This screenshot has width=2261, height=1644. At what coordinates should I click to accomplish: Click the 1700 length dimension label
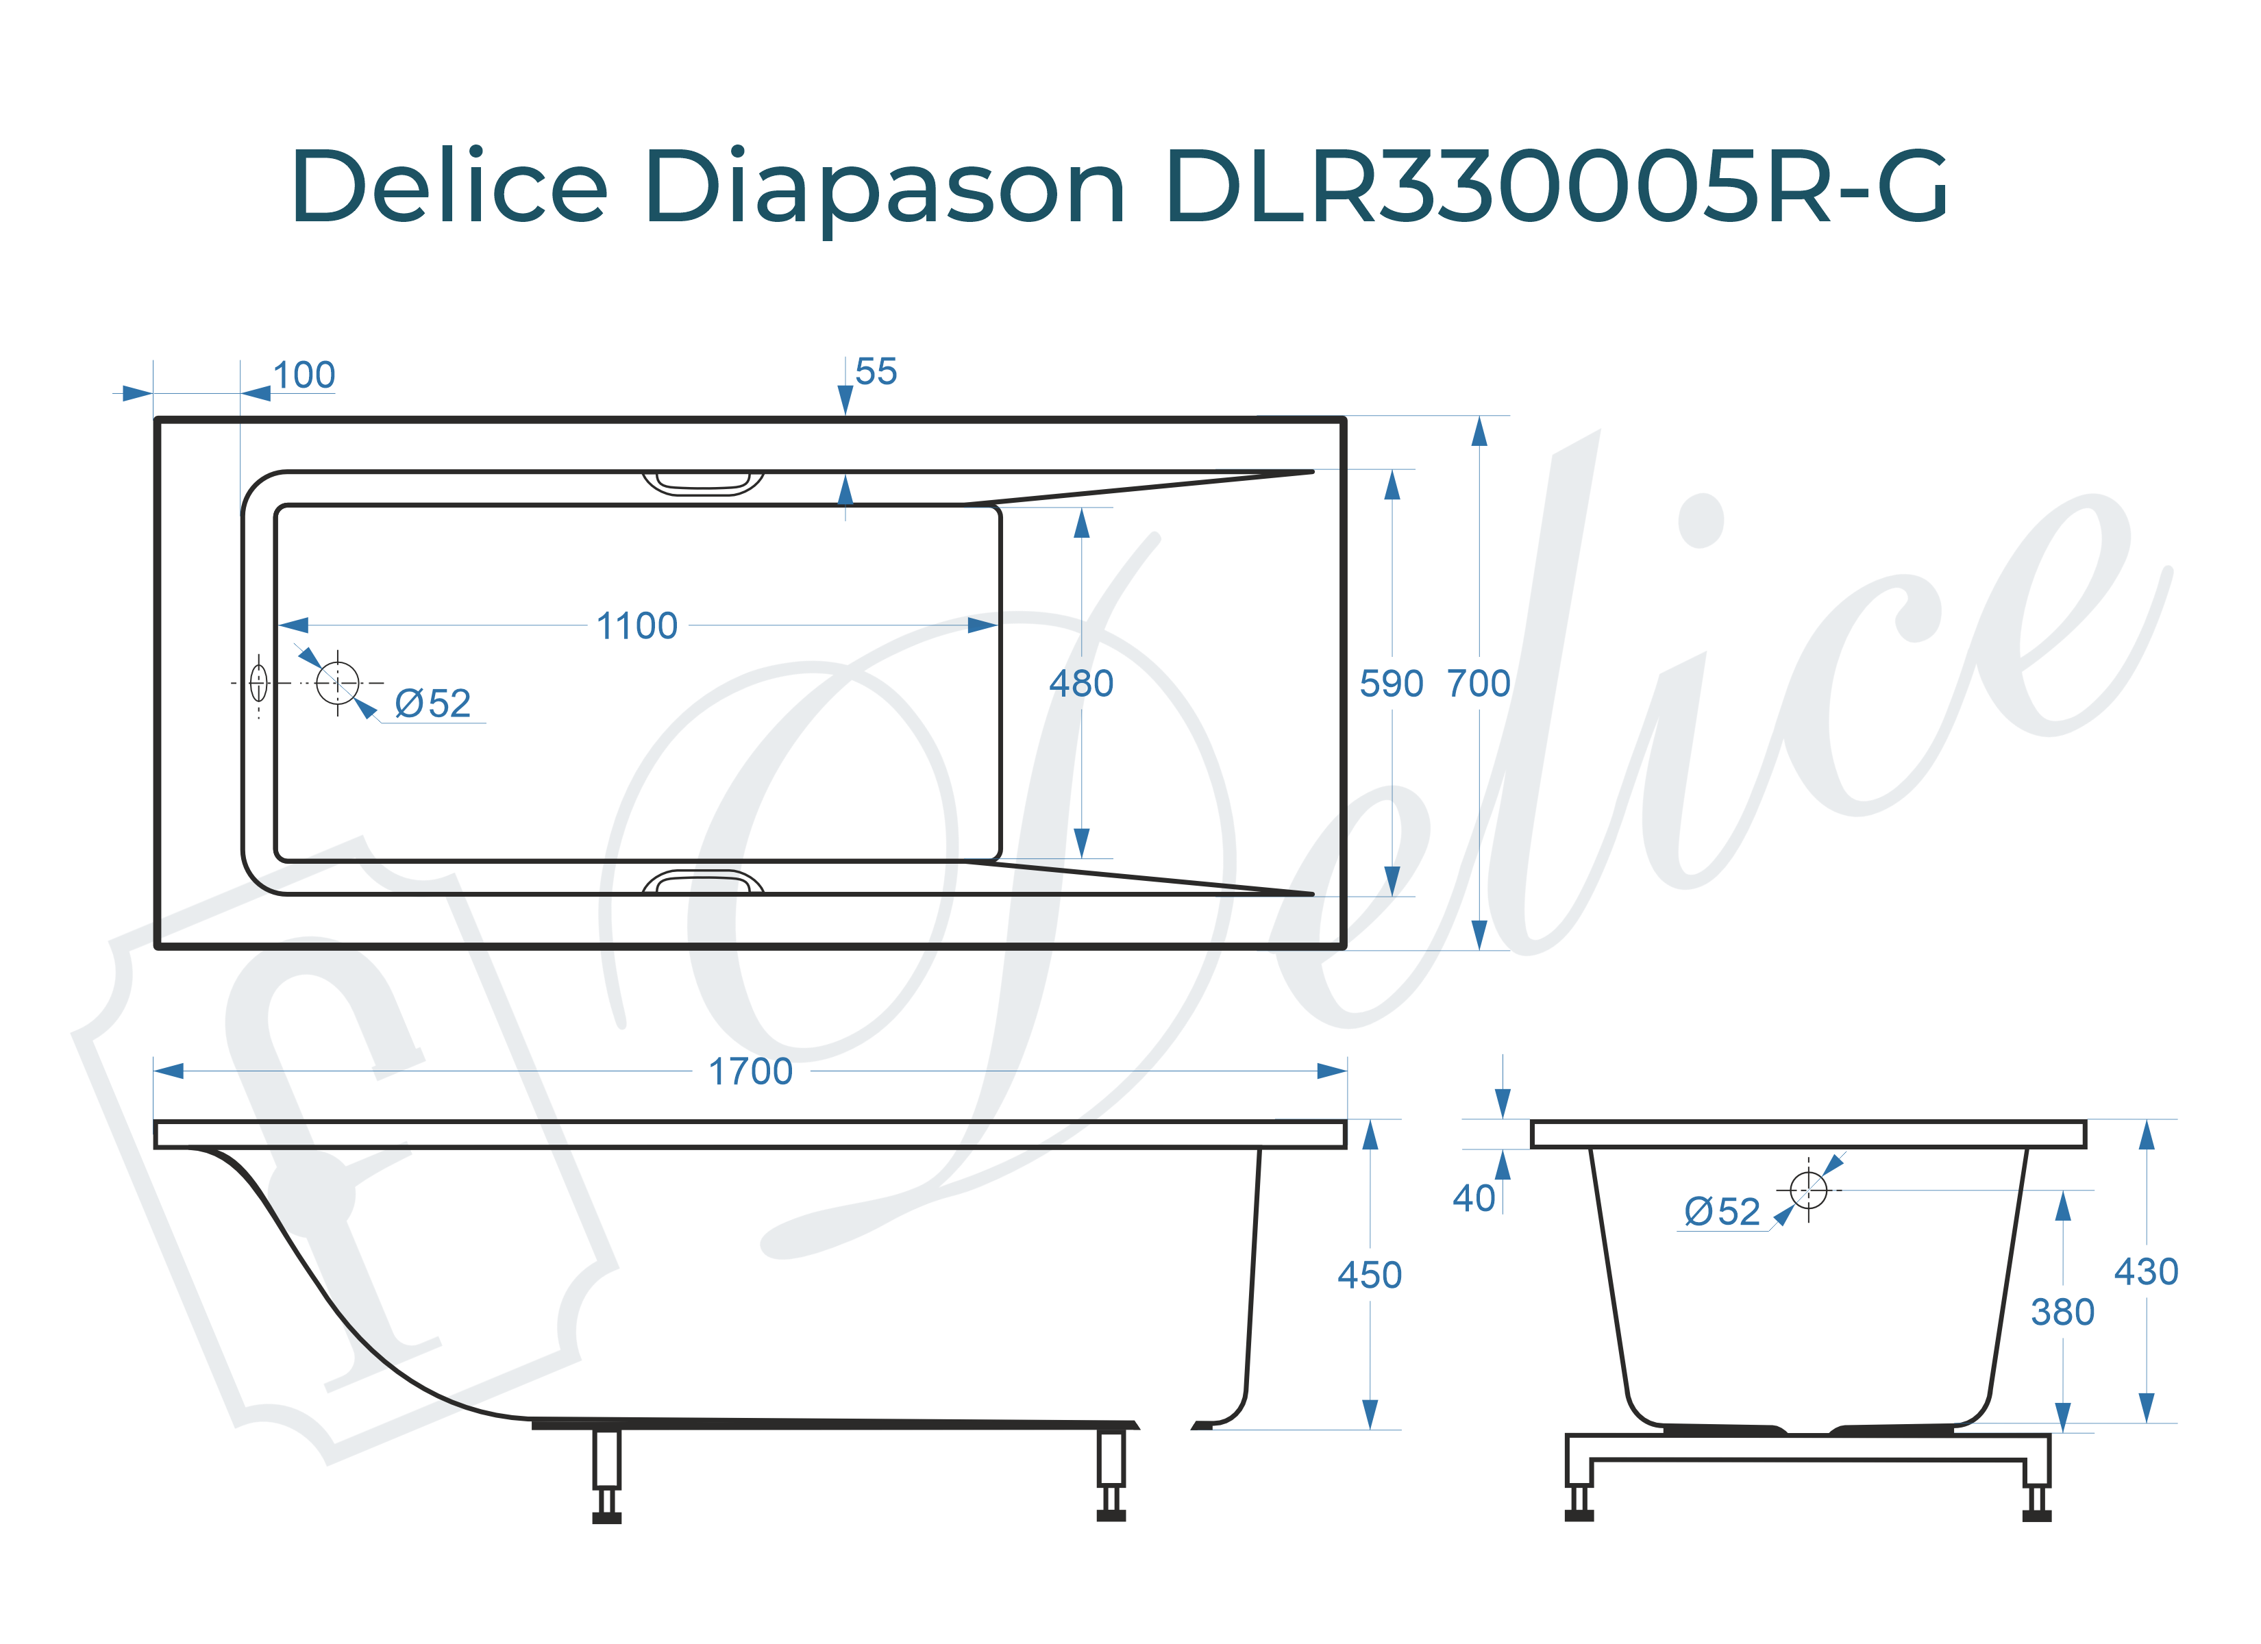pyautogui.click(x=750, y=1072)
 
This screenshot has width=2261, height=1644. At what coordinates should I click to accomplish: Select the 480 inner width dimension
pyautogui.click(x=1080, y=684)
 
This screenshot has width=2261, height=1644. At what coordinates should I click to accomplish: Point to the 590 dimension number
pyautogui.click(x=1391, y=684)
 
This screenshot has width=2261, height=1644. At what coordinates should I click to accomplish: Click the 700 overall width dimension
pyautogui.click(x=1479, y=684)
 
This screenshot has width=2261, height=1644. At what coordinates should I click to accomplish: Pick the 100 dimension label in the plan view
pyautogui.click(x=304, y=376)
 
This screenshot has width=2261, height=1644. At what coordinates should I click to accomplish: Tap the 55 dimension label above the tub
pyautogui.click(x=876, y=372)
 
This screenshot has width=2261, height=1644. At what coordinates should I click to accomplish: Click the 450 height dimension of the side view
pyautogui.click(x=1369, y=1275)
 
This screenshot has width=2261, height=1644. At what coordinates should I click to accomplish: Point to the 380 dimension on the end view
pyautogui.click(x=2062, y=1312)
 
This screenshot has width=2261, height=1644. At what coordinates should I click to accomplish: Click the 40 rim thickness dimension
pyautogui.click(x=1474, y=1198)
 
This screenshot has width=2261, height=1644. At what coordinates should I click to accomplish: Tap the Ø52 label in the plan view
pyautogui.click(x=432, y=704)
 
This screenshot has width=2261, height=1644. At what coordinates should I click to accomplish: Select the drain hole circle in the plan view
pyautogui.click(x=337, y=683)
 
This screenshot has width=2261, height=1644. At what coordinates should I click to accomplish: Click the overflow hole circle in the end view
pyautogui.click(x=1807, y=1189)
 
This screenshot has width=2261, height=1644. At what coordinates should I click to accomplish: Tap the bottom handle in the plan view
pyautogui.click(x=703, y=882)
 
